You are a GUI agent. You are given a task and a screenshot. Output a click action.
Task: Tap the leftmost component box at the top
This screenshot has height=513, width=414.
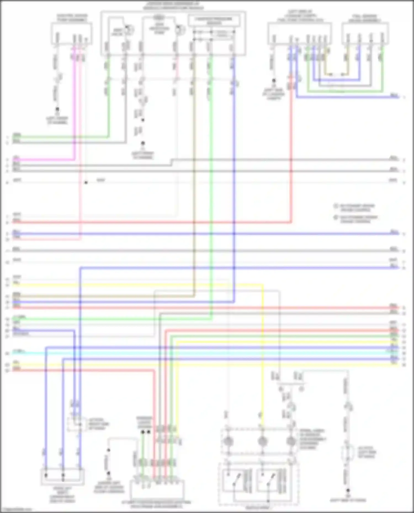(71, 33)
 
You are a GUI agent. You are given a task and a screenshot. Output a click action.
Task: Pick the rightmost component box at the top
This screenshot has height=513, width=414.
(365, 33)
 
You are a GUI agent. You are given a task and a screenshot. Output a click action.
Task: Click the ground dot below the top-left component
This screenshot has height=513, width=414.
(57, 109)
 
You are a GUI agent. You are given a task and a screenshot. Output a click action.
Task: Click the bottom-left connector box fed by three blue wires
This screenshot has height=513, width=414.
(63, 476)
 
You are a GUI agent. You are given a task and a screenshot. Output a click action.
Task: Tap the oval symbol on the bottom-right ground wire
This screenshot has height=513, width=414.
(348, 452)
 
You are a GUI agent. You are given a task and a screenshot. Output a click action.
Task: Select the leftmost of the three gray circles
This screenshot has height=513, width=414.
(228, 442)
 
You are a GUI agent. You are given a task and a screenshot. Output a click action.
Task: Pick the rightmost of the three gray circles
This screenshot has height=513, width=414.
(291, 442)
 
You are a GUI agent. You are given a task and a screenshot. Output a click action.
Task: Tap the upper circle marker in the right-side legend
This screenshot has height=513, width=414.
(336, 206)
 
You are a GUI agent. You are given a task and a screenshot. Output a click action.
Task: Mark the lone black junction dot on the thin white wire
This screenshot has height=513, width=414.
(86, 182)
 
